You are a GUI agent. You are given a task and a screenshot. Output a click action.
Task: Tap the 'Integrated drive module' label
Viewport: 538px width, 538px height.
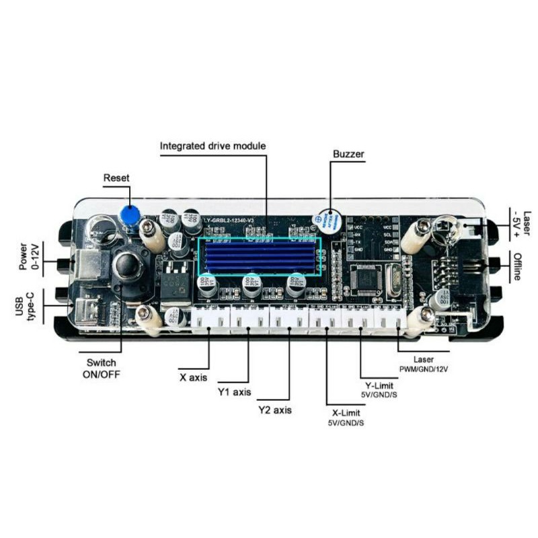pyautogui.click(x=213, y=146)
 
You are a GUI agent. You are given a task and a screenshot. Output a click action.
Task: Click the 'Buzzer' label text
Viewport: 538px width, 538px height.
pyautogui.click(x=348, y=154)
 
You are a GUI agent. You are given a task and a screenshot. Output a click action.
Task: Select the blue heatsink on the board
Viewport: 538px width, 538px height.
pyautogui.click(x=260, y=256)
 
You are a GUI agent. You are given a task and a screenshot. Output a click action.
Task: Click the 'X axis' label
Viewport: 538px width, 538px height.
pyautogui.click(x=193, y=377)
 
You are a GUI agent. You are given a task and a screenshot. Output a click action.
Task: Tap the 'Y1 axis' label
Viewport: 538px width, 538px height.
pyautogui.click(x=233, y=392)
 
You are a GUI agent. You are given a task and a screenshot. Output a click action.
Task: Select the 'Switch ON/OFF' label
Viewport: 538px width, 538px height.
pyautogui.click(x=99, y=367)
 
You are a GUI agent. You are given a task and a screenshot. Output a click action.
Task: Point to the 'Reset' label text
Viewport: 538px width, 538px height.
pyautogui.click(x=116, y=178)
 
